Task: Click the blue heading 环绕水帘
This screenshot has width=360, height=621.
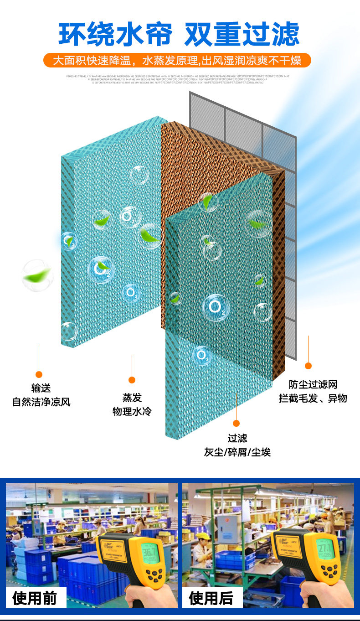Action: coord(116,34)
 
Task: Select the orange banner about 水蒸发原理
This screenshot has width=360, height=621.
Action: coord(177,60)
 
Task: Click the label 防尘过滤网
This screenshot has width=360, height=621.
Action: coord(313,384)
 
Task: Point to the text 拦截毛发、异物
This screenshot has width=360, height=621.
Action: coord(313,398)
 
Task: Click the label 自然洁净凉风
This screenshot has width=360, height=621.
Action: coord(41,402)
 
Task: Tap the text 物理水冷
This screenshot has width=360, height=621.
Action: coord(132,412)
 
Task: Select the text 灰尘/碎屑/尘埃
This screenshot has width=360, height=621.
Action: coord(237,452)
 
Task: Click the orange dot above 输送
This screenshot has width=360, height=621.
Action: coord(39,374)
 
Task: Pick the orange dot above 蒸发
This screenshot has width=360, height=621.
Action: coord(132,380)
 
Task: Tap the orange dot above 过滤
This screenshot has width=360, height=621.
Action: coord(236,423)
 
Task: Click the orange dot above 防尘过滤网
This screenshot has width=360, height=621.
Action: coord(308,366)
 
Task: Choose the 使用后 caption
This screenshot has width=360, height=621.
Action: coord(211,598)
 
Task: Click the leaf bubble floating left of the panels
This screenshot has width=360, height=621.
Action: coord(37,274)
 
